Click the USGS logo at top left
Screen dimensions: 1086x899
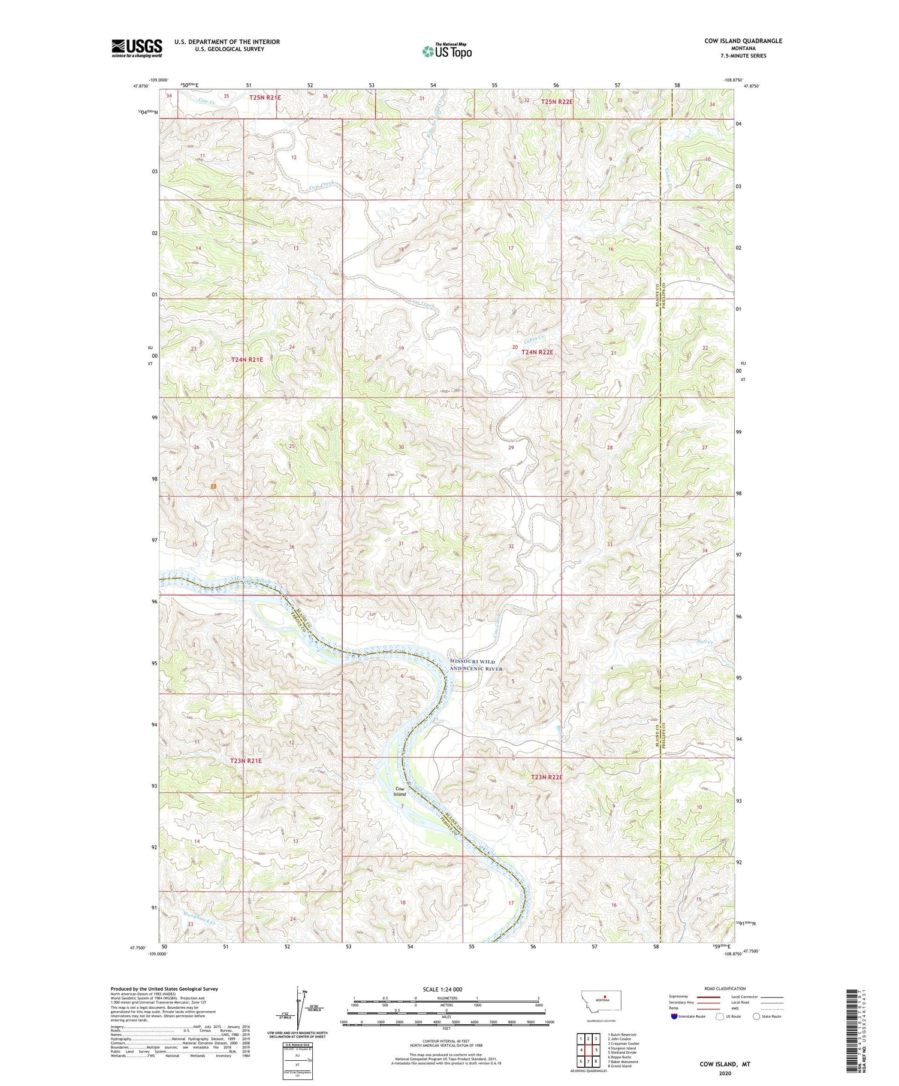click(x=137, y=48)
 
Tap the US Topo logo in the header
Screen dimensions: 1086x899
click(x=447, y=51)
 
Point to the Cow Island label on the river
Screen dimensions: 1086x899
click(x=399, y=791)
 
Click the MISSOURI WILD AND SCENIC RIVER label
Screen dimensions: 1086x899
click(x=476, y=664)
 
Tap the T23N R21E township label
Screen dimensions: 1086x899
click(x=246, y=760)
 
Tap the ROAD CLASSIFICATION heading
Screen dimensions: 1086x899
click(x=725, y=988)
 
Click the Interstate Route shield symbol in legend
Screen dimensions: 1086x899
click(x=674, y=1016)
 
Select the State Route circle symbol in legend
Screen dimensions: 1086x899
click(x=756, y=1016)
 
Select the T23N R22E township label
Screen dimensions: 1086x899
click(x=547, y=777)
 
